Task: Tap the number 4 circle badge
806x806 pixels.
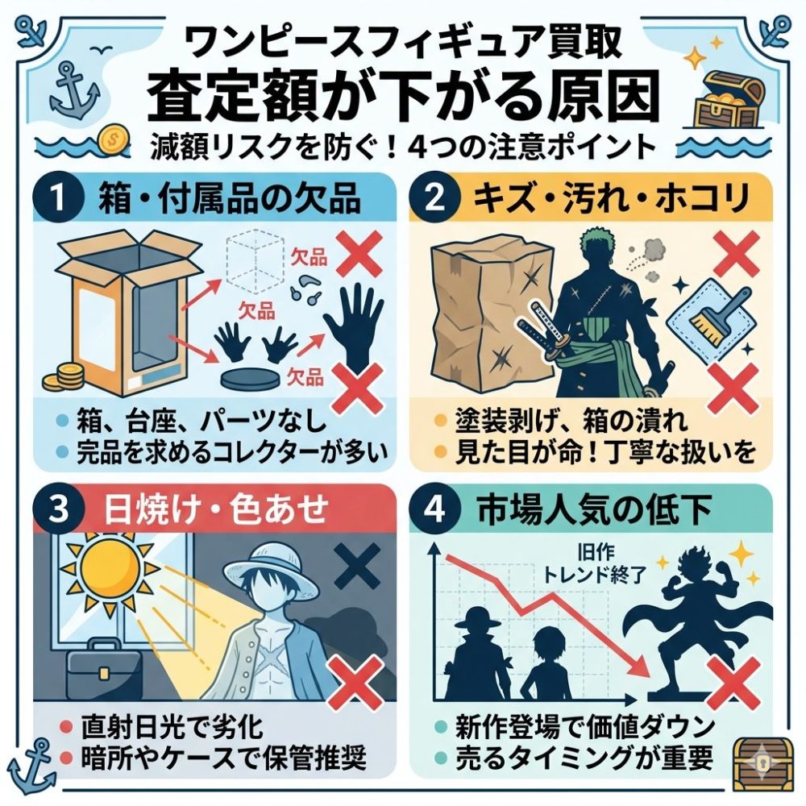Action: click(x=435, y=509)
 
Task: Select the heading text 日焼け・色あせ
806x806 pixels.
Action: click(x=216, y=509)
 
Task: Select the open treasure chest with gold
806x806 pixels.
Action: click(x=726, y=98)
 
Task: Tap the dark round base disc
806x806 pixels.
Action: click(x=251, y=380)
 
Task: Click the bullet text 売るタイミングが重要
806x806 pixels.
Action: click(x=584, y=758)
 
